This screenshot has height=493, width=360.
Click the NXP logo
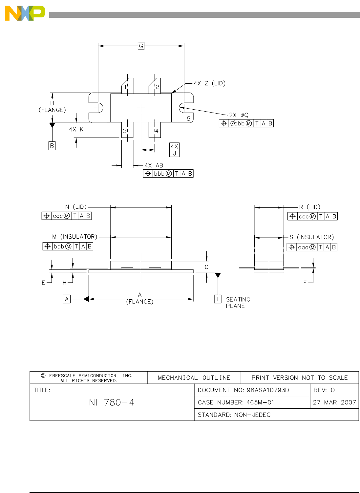25,13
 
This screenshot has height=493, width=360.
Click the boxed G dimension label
141,46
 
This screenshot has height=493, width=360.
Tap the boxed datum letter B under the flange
52,146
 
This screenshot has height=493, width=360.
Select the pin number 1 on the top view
125,87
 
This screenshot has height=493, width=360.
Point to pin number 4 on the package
157,131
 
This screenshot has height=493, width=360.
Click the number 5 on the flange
188,118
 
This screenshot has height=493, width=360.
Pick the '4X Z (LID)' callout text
209,83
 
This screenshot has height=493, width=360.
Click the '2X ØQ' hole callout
239,115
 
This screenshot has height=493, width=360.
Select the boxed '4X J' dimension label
174,150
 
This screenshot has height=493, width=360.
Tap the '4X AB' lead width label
154,165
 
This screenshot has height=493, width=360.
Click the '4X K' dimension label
76,130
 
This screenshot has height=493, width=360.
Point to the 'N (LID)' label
75,207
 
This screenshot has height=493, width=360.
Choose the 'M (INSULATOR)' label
75,237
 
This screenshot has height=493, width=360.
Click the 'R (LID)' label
309,207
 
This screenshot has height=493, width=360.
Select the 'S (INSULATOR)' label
311,237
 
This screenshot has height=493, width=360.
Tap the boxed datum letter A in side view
67,299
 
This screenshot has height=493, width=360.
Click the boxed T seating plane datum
218,299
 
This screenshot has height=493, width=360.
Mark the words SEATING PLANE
238,303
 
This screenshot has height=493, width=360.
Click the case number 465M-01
236,402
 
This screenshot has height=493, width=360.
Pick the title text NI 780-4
112,403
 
